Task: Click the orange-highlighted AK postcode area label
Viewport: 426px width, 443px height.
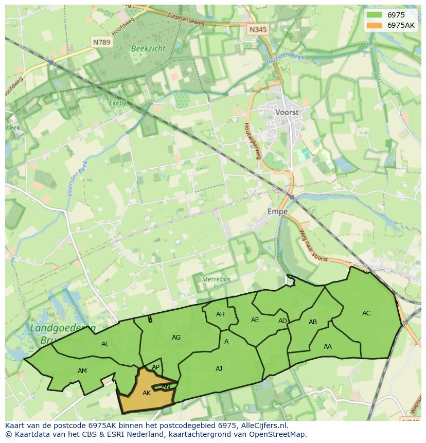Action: pos(147,393)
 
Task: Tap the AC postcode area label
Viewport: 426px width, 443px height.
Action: pos(366,313)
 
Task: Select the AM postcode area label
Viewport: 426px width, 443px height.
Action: pos(82,371)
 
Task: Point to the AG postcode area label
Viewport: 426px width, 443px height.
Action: pos(176,338)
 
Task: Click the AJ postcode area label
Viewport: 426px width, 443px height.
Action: pos(219,368)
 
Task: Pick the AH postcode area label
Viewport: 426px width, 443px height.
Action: pos(220,314)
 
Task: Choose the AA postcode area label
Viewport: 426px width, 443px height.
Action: pos(328,347)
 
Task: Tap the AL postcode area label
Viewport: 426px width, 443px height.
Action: pos(105,344)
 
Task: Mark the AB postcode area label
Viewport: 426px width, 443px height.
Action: pos(313,322)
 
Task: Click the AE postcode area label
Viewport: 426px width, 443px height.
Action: pos(255,320)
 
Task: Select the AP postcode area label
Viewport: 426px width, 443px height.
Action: pos(156,367)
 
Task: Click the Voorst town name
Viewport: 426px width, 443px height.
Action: pos(287,112)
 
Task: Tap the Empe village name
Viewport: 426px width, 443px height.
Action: pos(277,211)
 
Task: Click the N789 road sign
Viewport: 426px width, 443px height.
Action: pos(101,42)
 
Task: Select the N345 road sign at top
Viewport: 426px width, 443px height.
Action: pos(258,30)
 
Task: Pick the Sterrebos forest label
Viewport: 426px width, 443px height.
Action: pos(216,279)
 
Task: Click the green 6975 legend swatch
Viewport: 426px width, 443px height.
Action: pos(374,15)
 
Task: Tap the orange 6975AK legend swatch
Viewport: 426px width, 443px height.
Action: pos(374,25)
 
